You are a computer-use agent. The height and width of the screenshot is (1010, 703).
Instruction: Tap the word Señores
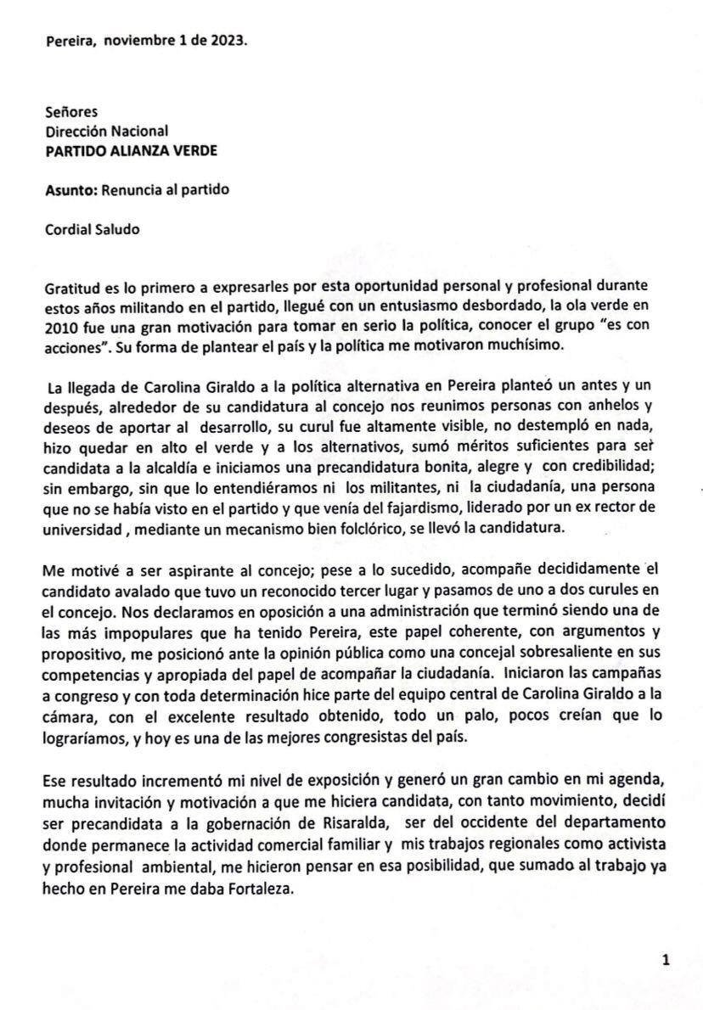(71, 111)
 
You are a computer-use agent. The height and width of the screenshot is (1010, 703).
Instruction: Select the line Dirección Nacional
(107, 131)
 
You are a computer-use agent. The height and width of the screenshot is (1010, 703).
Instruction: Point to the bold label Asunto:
(71, 190)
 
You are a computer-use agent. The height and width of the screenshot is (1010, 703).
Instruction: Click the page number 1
(666, 960)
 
